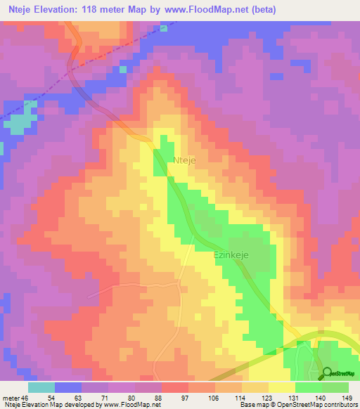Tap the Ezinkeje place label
point(232,257)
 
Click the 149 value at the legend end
point(346,398)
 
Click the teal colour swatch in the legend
point(41,387)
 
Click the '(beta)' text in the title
point(261,9)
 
